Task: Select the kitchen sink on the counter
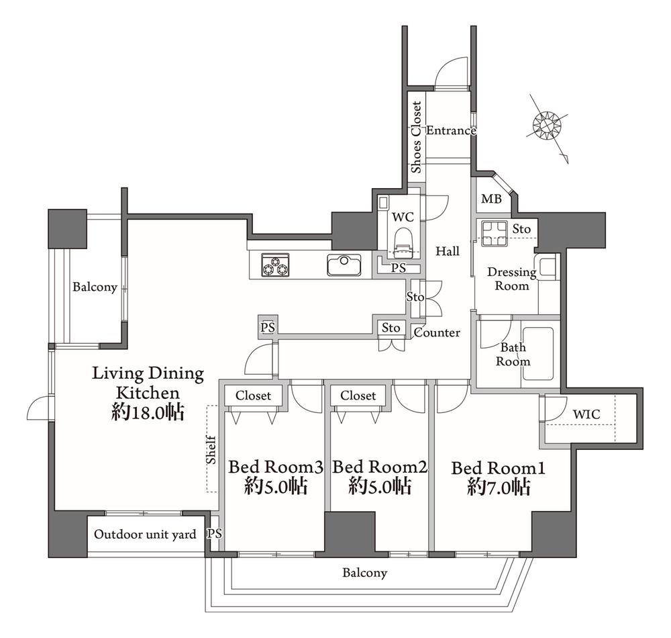[x=344, y=265]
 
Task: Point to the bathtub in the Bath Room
[x=537, y=353]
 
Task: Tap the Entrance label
[x=451, y=130]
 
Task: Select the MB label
[x=491, y=199]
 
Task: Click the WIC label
[x=586, y=414]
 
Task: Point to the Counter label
[x=437, y=332]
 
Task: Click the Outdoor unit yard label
[x=145, y=535]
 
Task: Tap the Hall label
[x=448, y=251]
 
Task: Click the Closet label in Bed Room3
[x=253, y=396]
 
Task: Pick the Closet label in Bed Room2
[x=358, y=396]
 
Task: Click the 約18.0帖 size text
[x=148, y=412]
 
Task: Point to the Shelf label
[x=211, y=450]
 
